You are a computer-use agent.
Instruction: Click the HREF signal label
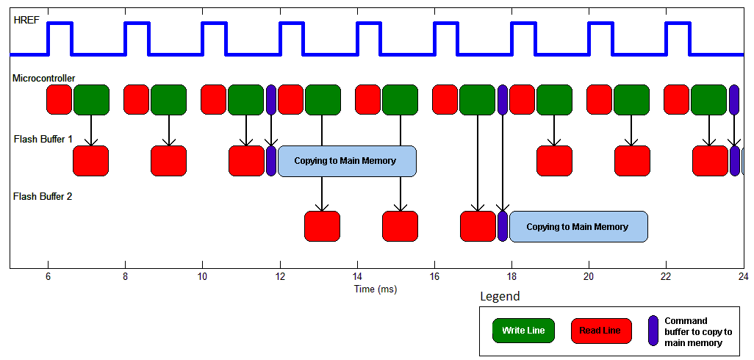24,20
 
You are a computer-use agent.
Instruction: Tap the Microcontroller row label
44,78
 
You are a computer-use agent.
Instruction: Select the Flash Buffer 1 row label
43,140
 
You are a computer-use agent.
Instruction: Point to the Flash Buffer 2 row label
43,196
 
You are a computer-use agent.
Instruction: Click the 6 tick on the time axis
48,277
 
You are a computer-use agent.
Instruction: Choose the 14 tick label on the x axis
357,277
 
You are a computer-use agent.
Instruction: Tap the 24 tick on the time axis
744,277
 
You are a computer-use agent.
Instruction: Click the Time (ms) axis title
376,289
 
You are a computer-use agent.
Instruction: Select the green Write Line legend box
523,330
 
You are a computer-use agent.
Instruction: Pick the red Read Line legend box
601,330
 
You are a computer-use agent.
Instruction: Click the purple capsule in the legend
653,330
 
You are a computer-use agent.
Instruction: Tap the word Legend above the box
500,297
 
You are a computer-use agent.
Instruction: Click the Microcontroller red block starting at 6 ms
59,99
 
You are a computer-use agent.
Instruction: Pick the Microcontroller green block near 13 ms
323,100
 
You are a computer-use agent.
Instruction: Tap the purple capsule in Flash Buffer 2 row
503,226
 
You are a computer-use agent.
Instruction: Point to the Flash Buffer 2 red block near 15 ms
400,226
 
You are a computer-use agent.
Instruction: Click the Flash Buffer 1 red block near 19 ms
554,161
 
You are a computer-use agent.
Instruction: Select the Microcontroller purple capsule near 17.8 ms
503,99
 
